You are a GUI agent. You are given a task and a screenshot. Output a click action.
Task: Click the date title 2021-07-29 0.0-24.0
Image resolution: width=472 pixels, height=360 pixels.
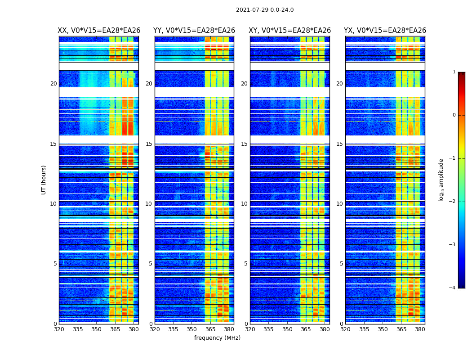(x=265, y=10)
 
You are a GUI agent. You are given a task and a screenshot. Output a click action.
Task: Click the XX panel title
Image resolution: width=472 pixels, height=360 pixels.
(x=99, y=31)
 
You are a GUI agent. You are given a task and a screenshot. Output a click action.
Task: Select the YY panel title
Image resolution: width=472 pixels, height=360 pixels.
(x=194, y=31)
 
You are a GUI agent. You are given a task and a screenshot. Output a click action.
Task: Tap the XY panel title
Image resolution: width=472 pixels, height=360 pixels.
(x=290, y=31)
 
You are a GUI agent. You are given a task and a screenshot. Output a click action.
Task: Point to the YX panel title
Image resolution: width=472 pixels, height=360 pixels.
(x=385, y=31)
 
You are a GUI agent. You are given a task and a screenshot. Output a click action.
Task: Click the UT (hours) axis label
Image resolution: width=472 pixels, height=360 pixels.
(x=44, y=180)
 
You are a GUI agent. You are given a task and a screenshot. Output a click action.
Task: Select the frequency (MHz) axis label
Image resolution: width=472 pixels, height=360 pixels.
(x=217, y=338)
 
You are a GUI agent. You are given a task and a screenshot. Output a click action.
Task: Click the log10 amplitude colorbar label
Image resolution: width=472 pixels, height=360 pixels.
(x=441, y=180)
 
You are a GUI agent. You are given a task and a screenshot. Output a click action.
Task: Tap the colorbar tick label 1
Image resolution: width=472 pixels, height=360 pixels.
(x=454, y=72)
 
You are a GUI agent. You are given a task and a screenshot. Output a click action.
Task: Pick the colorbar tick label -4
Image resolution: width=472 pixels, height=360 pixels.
(x=453, y=288)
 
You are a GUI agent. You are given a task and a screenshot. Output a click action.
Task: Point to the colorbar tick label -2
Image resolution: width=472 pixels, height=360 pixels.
(x=453, y=202)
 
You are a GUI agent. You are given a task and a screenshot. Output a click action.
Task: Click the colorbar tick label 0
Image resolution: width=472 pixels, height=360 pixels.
(x=454, y=115)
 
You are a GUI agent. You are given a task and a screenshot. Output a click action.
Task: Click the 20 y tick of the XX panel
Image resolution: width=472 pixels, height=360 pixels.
(x=53, y=84)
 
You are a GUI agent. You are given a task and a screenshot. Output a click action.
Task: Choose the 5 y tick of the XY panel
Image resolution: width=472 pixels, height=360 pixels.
(x=246, y=264)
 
